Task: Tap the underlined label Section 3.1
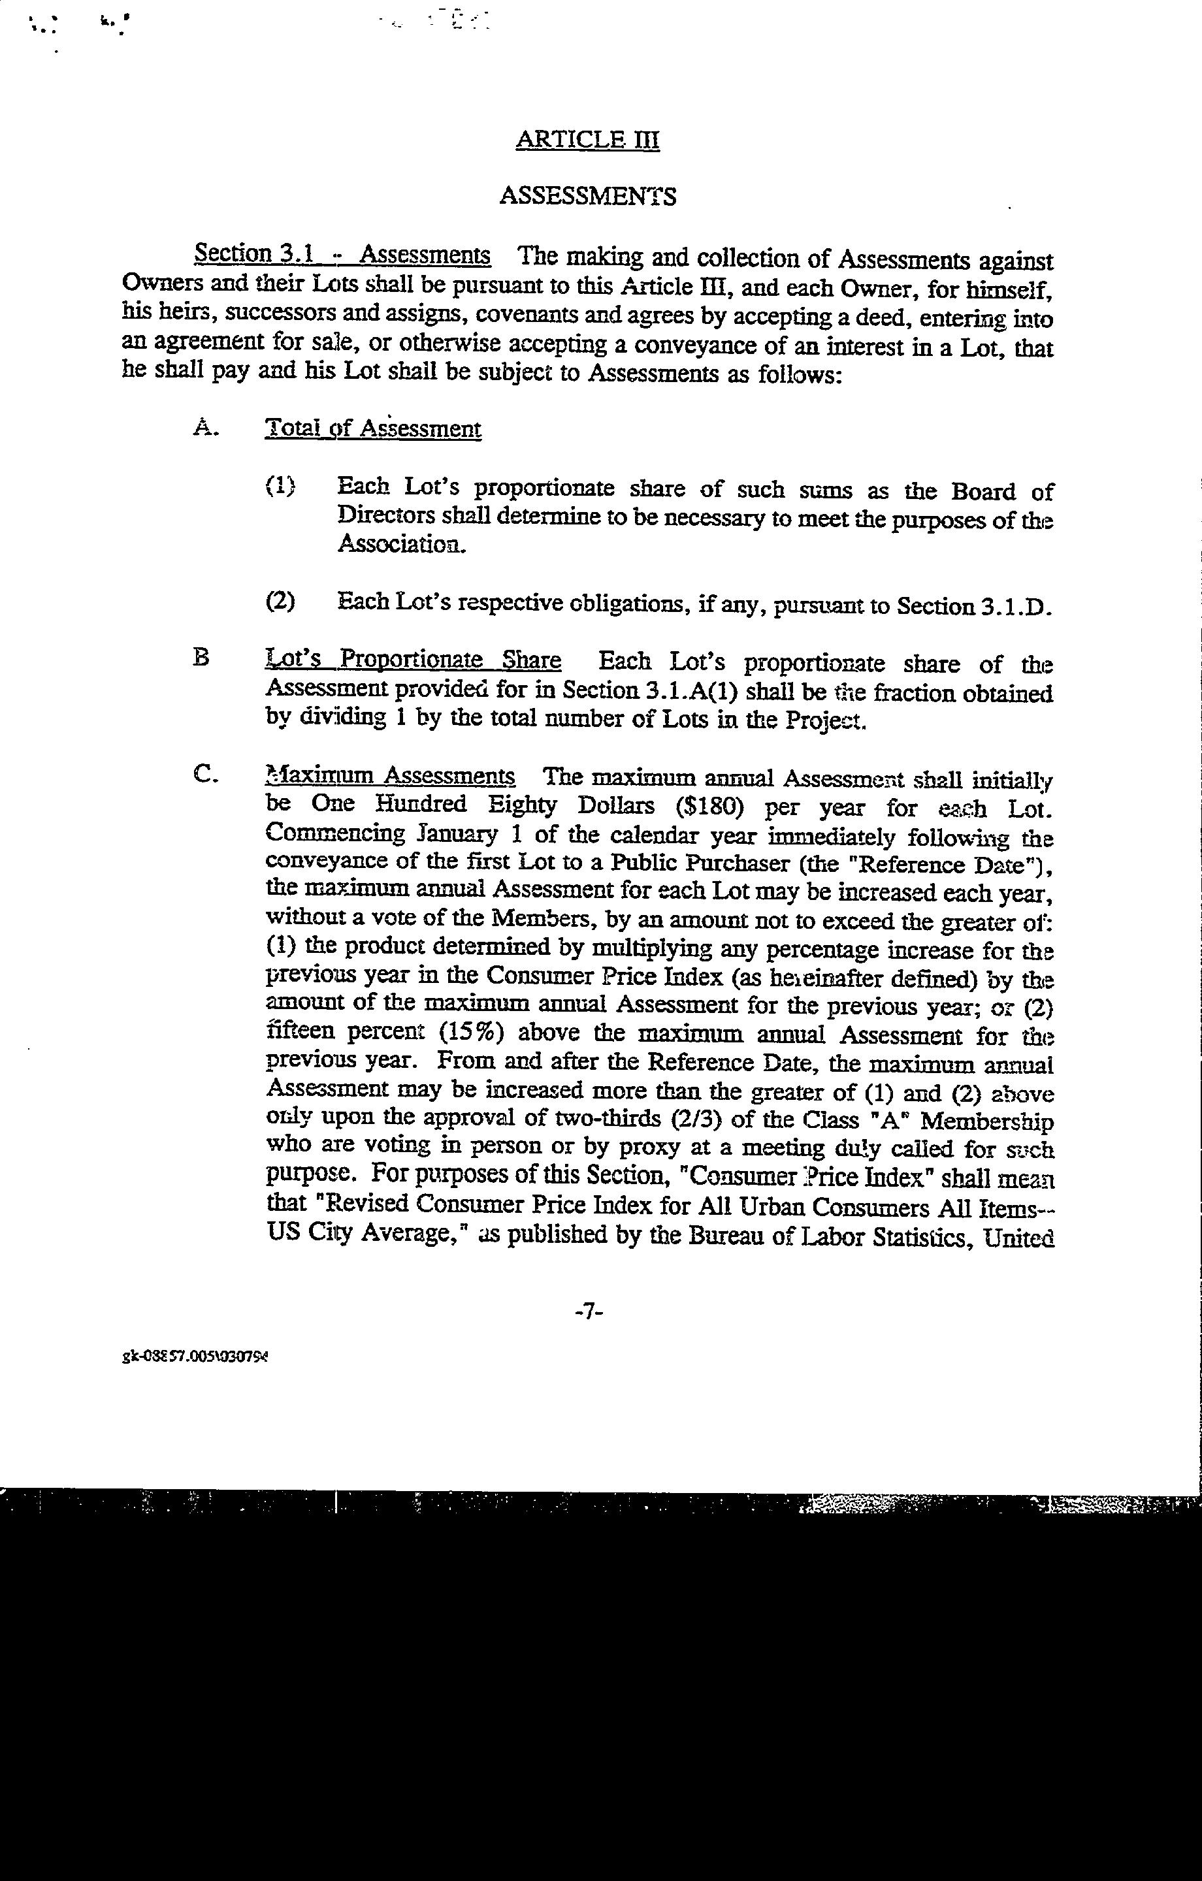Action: [x=254, y=254]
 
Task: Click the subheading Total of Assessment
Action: [x=373, y=429]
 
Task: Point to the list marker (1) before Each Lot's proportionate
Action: [x=280, y=487]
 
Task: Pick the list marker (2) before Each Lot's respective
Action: [x=280, y=602]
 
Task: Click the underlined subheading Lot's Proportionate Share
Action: [x=413, y=661]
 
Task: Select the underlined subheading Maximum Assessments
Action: [x=390, y=777]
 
